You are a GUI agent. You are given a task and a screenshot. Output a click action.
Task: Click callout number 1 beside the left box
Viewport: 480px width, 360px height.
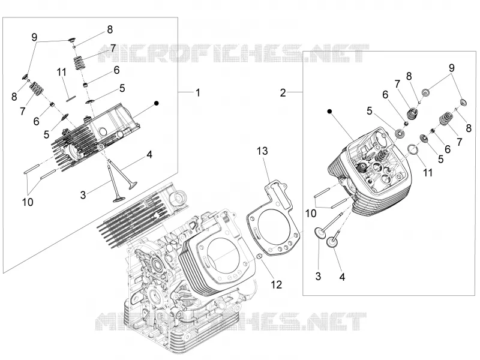tap(198, 92)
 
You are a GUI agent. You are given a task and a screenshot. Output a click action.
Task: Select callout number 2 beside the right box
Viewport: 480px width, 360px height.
tap(283, 92)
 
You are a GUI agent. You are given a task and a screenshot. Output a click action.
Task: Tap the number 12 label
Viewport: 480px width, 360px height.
tap(276, 284)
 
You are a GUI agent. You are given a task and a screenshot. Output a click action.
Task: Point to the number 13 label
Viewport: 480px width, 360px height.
tap(262, 151)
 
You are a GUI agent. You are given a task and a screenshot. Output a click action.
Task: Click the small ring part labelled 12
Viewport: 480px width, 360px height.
tap(259, 256)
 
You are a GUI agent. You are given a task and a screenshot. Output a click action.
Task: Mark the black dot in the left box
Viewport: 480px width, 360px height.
tap(157, 103)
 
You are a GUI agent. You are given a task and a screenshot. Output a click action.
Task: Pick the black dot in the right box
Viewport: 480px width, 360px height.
tap(329, 112)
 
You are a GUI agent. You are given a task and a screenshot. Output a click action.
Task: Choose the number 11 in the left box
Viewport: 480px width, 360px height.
tap(62, 72)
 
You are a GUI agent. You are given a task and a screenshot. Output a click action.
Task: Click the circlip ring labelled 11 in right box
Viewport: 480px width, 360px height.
tap(413, 149)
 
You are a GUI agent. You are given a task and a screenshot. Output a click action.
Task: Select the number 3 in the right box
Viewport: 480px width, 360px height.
tap(319, 276)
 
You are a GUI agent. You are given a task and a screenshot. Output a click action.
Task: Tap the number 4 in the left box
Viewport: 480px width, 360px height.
tap(149, 155)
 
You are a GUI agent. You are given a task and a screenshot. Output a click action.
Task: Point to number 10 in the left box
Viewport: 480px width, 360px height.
tap(28, 202)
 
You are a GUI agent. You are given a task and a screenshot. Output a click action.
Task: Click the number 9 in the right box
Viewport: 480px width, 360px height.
tap(452, 68)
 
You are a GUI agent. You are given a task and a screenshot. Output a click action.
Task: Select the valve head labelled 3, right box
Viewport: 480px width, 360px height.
tap(320, 232)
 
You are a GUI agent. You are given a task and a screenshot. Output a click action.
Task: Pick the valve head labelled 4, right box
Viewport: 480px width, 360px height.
tap(332, 243)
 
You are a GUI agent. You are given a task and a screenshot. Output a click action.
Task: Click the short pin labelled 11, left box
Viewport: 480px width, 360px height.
tap(71, 98)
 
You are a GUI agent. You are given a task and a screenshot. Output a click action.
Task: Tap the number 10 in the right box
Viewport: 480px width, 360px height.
tap(311, 214)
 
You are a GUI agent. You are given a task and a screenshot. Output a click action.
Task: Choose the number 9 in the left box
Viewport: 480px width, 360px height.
tap(34, 37)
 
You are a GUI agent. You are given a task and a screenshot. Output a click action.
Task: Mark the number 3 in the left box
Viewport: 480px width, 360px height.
tap(83, 194)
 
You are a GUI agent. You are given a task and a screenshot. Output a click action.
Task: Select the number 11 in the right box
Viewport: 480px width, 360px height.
tap(427, 173)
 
